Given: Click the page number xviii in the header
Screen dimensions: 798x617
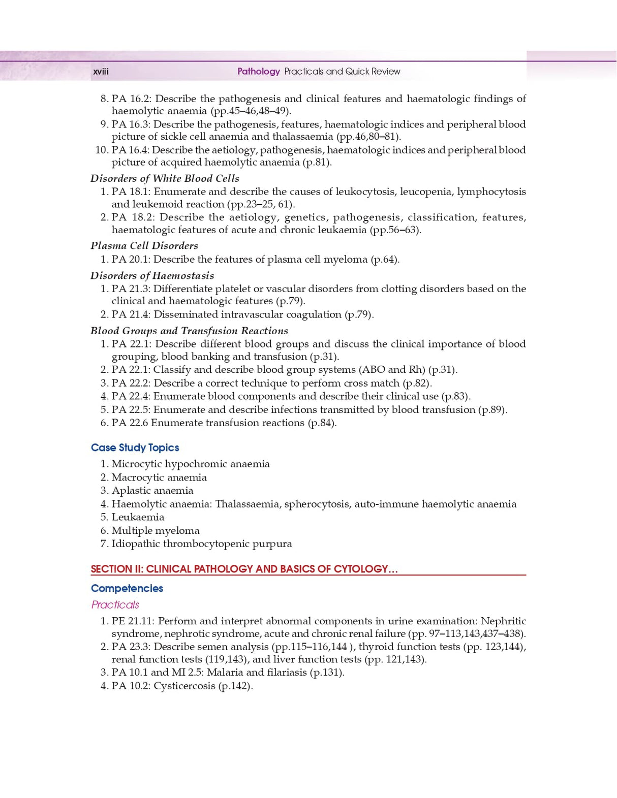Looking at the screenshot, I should click(x=101, y=72).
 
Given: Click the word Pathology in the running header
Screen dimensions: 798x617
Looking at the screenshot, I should click(x=258, y=72).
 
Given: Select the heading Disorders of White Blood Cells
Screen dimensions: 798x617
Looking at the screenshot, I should click(x=165, y=178).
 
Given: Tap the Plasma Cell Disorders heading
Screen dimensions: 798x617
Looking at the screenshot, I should click(x=144, y=246).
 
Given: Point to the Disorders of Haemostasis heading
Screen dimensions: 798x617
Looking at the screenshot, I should click(x=152, y=276).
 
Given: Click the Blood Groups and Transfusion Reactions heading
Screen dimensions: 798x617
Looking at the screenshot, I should click(x=189, y=331).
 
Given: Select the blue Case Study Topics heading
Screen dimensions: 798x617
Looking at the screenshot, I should click(x=135, y=448).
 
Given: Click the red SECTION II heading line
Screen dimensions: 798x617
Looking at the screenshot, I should click(x=244, y=569).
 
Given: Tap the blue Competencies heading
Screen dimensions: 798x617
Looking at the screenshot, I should click(x=127, y=588).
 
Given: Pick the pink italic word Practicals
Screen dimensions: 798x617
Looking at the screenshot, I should click(x=115, y=604).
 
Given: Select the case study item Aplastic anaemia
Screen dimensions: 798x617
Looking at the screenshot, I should click(x=152, y=491).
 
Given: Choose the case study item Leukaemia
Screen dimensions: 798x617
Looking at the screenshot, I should click(x=138, y=517).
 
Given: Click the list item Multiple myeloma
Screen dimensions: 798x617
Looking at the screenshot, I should click(x=156, y=531).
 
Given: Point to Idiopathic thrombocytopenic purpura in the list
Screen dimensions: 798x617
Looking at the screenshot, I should click(x=202, y=544).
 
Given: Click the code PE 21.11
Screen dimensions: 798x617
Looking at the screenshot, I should click(x=133, y=621).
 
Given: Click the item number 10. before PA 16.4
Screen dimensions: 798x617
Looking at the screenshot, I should click(x=101, y=150).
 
